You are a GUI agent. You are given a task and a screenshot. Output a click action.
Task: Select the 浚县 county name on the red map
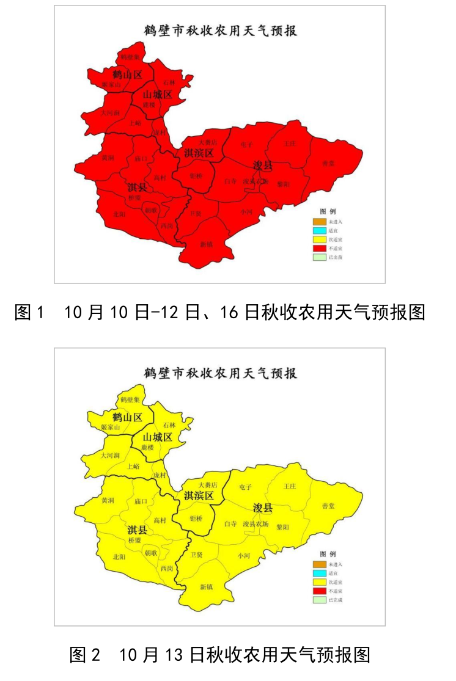(263, 166)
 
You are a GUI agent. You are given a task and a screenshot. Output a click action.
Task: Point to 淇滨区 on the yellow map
(199, 496)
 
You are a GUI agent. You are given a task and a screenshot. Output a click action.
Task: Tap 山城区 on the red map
(157, 95)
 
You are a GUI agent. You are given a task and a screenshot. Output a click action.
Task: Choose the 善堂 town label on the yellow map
(328, 506)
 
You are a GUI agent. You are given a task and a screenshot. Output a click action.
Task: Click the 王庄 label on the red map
(290, 144)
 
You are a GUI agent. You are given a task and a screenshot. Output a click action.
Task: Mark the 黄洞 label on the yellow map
(108, 500)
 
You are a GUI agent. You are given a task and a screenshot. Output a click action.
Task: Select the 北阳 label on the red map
(119, 214)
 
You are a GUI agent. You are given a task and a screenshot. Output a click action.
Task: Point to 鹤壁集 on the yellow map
(130, 399)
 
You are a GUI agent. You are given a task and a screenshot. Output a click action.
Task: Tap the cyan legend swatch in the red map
(319, 230)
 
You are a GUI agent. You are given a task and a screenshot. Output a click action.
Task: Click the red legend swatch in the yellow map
(319, 591)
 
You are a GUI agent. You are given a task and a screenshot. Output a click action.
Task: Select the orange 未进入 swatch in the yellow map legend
(319, 564)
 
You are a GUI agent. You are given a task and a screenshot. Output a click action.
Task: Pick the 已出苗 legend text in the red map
(336, 258)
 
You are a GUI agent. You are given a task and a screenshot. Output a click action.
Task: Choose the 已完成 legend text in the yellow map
(336, 600)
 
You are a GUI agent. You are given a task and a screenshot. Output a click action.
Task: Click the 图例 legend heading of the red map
(328, 211)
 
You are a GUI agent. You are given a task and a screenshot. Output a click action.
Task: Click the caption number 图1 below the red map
(29, 312)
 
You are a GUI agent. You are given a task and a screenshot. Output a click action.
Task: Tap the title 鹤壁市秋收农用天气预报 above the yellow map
(220, 373)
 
